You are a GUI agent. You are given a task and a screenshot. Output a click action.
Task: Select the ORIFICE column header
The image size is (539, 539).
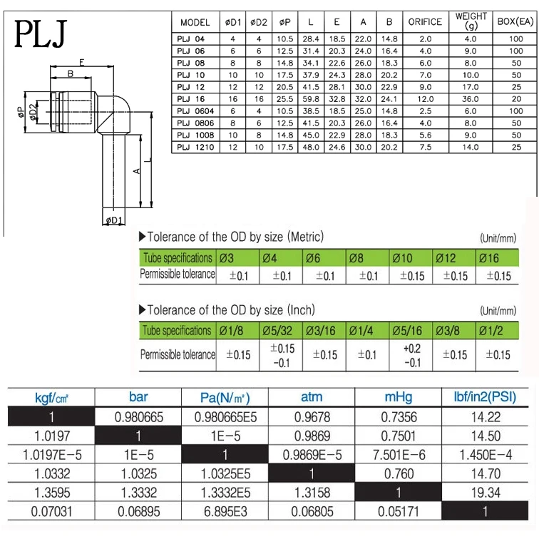[425, 22]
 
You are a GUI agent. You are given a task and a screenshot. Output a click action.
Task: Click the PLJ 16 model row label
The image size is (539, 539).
[190, 99]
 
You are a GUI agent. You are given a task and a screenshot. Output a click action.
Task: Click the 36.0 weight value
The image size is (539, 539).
[470, 99]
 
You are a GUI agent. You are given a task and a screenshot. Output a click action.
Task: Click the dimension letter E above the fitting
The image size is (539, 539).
[82, 63]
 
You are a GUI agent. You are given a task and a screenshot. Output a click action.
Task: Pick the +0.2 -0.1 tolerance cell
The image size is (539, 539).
[411, 354]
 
